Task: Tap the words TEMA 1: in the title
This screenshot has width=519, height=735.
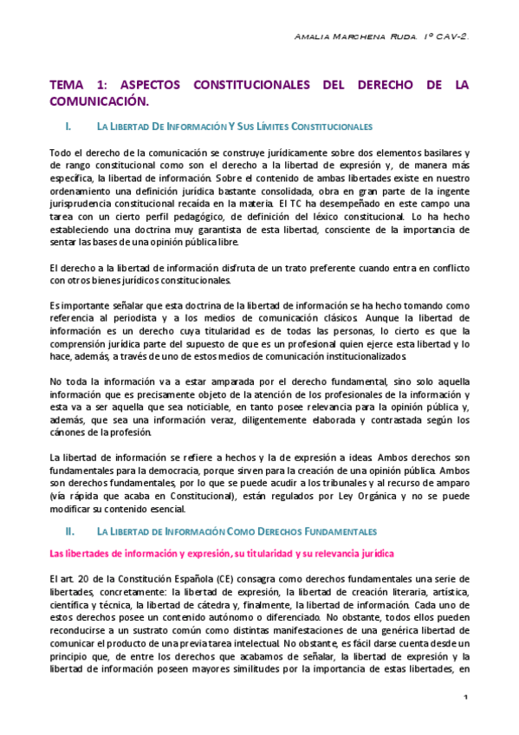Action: tap(77, 85)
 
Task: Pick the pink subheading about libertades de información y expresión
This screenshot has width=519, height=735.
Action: tap(222, 552)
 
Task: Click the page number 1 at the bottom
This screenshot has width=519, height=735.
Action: tap(465, 698)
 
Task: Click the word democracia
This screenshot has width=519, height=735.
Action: tap(215, 471)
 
